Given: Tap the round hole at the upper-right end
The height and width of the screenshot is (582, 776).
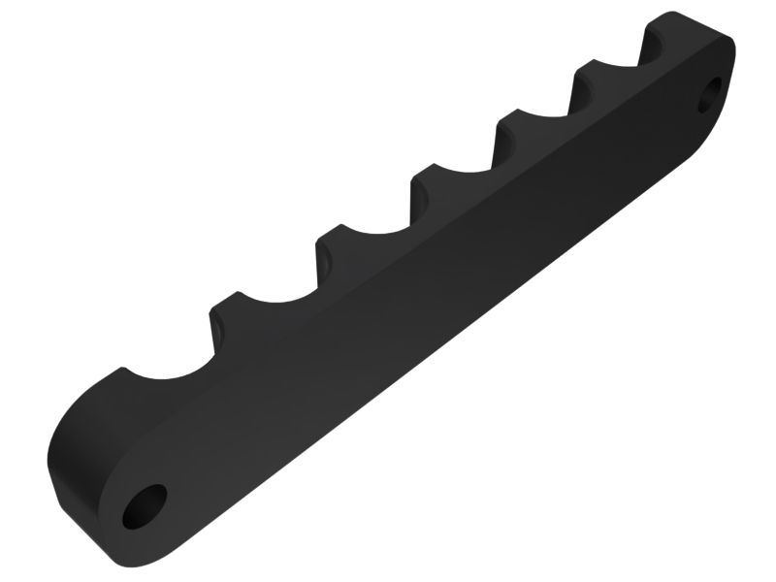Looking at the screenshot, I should click(x=712, y=94).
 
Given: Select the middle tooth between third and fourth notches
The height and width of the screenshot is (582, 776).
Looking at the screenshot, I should click(x=427, y=178).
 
